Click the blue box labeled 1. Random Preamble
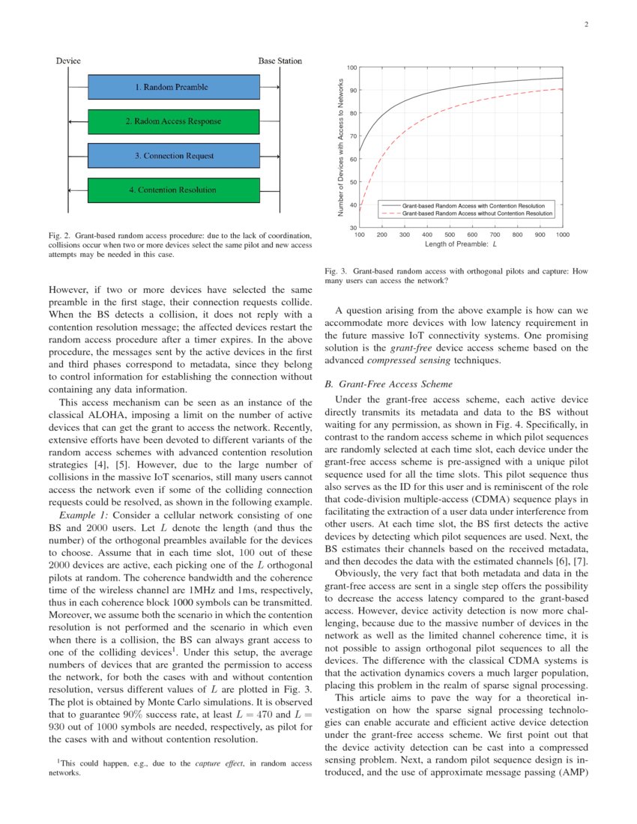pos(172,87)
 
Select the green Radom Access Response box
pos(172,121)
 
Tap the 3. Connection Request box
pos(174,156)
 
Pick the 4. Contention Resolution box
pos(172,190)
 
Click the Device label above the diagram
pos(68,61)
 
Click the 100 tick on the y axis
pos(351,68)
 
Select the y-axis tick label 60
pos(352,159)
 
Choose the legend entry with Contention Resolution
pos(473,205)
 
